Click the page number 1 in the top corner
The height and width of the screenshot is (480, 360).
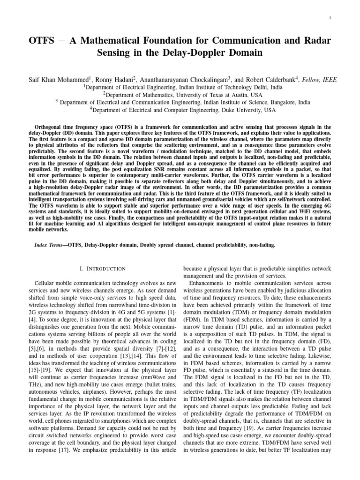click(x=330, y=18)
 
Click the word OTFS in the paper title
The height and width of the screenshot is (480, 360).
click(x=42, y=41)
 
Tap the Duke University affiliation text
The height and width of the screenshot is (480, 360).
click(x=180, y=110)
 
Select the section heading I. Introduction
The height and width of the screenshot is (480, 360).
click(x=101, y=269)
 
